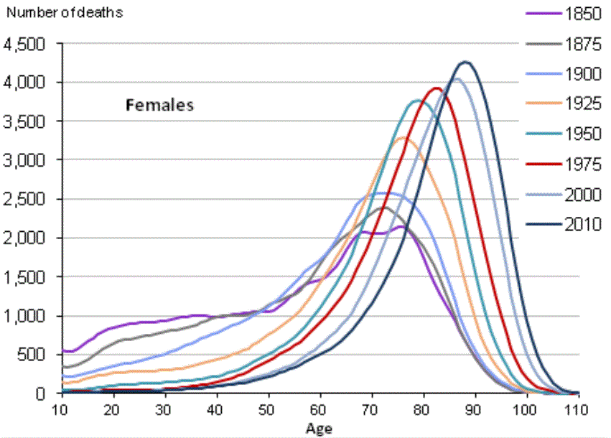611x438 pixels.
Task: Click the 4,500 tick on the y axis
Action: pos(25,44)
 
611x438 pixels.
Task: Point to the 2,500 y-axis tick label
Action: pos(25,199)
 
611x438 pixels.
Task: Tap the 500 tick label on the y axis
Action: pos(32,355)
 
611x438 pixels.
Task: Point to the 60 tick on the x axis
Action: pos(321,409)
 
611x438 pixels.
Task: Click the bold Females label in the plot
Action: pos(160,105)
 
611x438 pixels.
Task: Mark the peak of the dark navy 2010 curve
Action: pos(465,62)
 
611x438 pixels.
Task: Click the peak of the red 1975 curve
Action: pos(436,88)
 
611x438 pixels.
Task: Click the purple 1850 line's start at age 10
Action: pos(64,350)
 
